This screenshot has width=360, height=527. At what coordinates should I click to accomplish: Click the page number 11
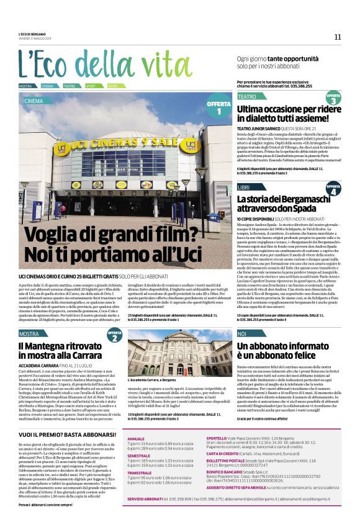(x=338, y=37)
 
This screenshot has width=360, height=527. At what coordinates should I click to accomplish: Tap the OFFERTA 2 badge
(x=115, y=335)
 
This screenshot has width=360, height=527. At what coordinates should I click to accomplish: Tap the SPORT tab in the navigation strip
(x=91, y=86)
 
